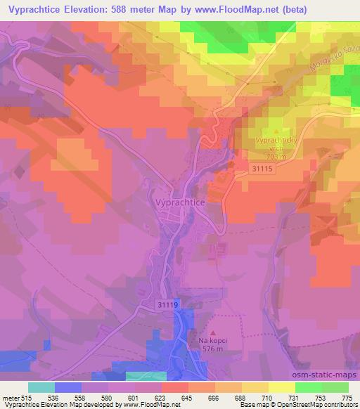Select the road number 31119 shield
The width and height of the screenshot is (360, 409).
click(x=168, y=304)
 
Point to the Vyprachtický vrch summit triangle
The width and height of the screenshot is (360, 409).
click(x=276, y=131)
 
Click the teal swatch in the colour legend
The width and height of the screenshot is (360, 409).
click(x=41, y=387)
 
